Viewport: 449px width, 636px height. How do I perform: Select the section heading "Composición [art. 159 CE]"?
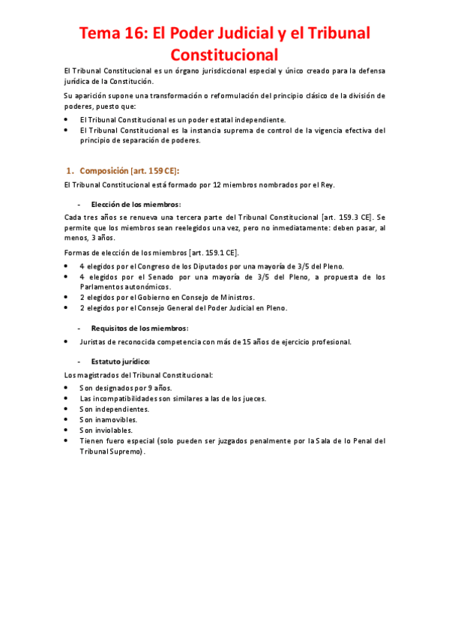tap(129, 170)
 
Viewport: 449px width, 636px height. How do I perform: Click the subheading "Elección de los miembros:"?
tap(136, 204)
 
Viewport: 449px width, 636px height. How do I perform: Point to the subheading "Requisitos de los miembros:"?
tap(139, 328)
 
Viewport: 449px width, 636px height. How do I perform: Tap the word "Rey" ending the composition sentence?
tap(327, 184)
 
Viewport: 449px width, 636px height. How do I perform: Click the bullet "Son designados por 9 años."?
tap(126, 388)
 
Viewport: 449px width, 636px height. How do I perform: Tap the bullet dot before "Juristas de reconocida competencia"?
tap(67, 341)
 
